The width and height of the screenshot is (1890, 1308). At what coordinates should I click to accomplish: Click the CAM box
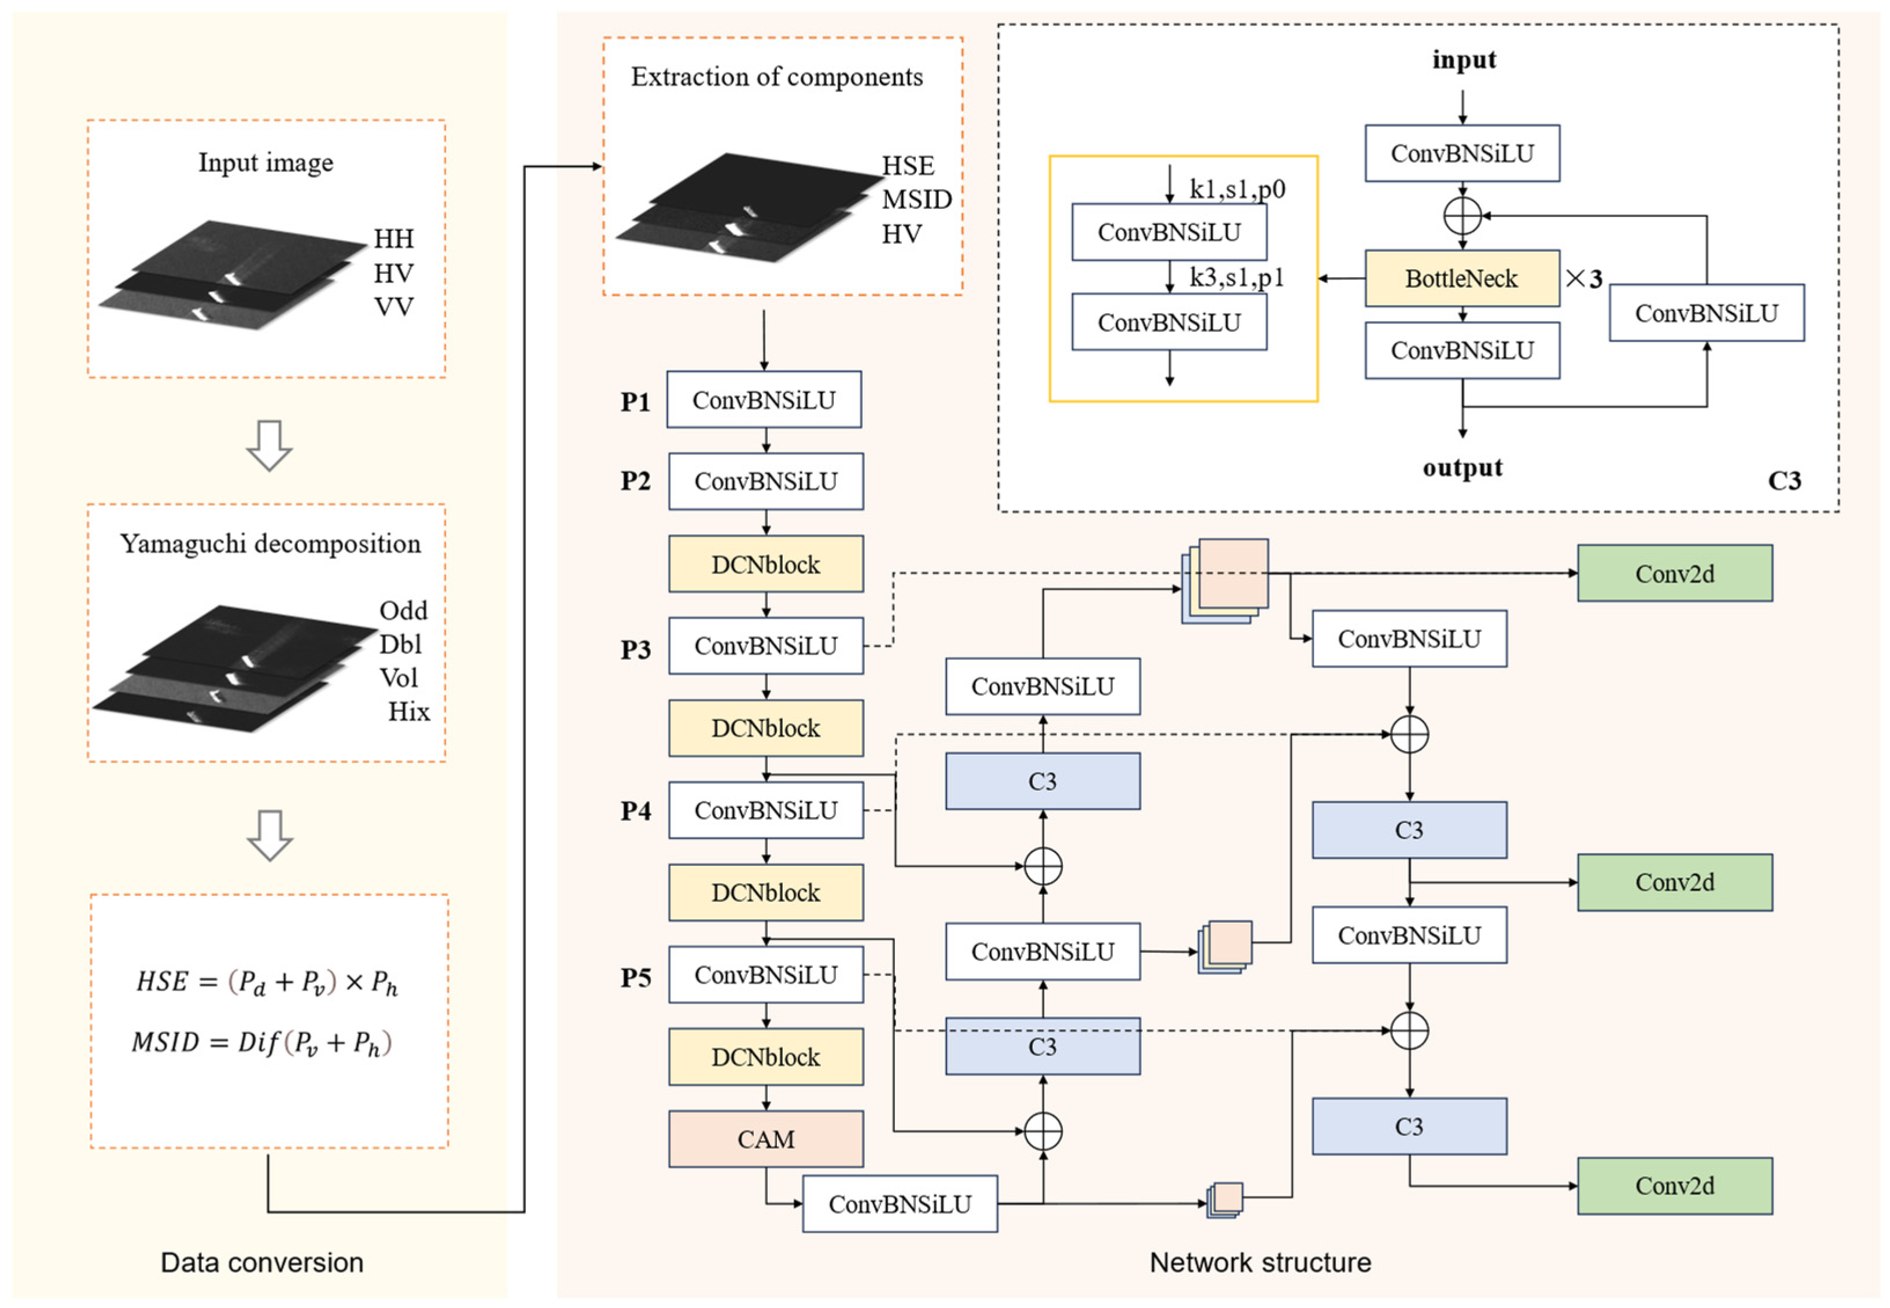(x=765, y=1138)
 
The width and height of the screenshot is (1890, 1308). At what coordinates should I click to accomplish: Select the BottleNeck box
(x=1461, y=278)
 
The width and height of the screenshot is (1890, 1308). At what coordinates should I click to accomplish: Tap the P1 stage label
(x=635, y=402)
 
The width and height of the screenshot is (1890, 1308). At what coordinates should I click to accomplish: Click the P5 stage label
(x=635, y=977)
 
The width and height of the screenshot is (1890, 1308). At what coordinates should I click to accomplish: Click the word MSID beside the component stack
(x=916, y=199)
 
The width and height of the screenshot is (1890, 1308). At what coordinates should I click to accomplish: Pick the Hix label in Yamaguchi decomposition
(x=408, y=711)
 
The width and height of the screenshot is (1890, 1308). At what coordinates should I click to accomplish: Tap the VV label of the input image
(x=393, y=307)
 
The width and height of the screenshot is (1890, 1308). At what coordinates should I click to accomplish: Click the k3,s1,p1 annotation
(x=1236, y=278)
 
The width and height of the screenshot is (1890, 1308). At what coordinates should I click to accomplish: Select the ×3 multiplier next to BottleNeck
(x=1583, y=278)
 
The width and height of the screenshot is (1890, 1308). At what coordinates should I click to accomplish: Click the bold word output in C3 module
(x=1461, y=468)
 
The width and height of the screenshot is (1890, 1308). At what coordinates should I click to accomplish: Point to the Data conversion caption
(x=261, y=1262)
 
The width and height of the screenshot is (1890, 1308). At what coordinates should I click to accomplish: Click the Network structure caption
(x=1259, y=1262)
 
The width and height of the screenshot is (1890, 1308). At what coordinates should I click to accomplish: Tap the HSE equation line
(x=266, y=981)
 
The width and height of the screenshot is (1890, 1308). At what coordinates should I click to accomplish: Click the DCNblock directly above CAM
(x=765, y=1056)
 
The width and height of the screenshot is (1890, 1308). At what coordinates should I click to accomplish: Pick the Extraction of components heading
(x=776, y=77)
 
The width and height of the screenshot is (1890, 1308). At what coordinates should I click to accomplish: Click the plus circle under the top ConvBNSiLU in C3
(x=1461, y=216)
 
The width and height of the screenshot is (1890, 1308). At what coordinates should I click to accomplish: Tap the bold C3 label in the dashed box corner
(x=1784, y=480)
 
